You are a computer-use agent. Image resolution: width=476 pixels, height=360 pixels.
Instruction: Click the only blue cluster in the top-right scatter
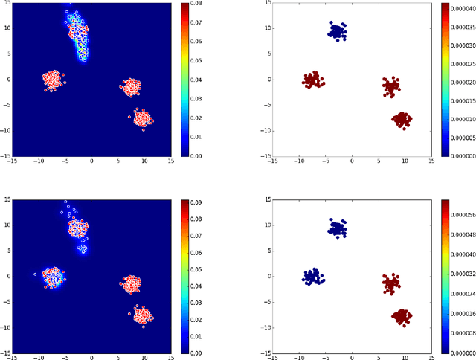[338, 31]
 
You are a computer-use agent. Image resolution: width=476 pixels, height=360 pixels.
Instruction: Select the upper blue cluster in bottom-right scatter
[338, 228]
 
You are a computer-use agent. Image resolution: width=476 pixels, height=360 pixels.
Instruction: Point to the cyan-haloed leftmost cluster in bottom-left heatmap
[53, 277]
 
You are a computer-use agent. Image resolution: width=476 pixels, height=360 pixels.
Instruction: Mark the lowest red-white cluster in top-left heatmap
[143, 118]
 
